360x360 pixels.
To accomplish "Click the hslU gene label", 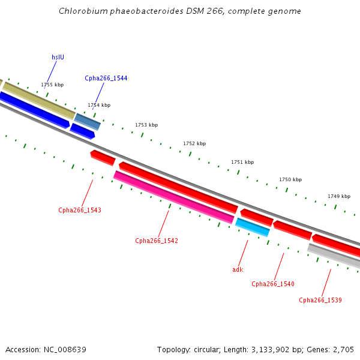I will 58,58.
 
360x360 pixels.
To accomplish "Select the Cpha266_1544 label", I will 106,79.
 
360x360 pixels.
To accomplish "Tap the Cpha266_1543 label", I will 79,211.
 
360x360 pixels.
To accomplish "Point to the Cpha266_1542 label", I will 156,241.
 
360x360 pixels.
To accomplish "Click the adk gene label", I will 238,270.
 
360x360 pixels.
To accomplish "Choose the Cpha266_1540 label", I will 272,284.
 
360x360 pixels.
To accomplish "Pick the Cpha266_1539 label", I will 320,301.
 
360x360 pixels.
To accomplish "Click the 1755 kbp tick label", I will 52,85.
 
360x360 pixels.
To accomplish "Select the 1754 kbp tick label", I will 99,106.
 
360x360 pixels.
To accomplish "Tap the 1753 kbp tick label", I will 146,125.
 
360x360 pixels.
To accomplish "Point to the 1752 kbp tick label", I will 194,144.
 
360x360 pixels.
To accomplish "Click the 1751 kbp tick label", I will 242,163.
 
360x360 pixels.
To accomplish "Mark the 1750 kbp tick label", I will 290,180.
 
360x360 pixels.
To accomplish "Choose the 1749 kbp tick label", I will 339,197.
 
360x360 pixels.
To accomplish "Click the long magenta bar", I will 174,197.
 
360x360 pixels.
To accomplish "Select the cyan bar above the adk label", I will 252,227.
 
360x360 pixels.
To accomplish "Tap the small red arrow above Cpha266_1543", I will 103,158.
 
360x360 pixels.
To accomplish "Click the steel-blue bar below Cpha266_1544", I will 88,121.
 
